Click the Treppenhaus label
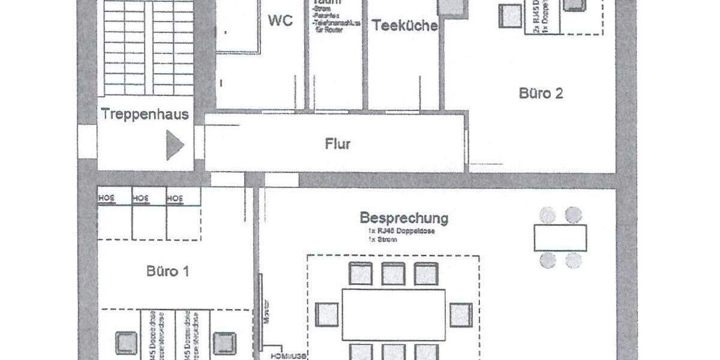coord(145,114)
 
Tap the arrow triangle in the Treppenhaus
coord(174,146)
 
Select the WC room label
coord(280,20)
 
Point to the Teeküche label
coord(405,26)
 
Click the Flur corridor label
coord(338,144)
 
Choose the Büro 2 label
coord(541,94)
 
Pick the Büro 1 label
coord(168,271)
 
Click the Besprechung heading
coord(404,217)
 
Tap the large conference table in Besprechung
coord(394,314)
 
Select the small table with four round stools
coord(560,238)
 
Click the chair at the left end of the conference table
coord(327,315)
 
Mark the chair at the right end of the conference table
coord(461,315)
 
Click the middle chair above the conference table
coord(394,274)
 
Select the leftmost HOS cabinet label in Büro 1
coord(106,197)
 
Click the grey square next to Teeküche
coord(452,6)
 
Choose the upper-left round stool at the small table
coord(547,214)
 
